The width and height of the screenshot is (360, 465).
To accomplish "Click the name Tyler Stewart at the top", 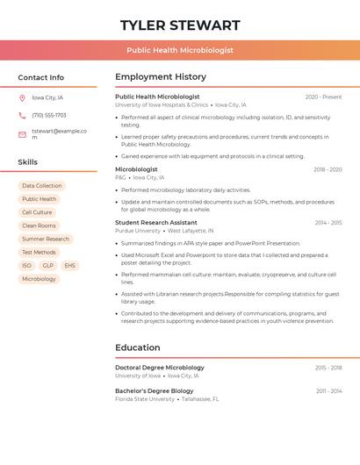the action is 180,25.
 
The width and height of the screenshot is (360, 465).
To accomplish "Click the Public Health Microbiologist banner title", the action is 180,51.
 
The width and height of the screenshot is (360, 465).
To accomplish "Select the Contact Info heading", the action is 41,77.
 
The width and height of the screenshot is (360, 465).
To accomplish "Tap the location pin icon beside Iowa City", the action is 22,97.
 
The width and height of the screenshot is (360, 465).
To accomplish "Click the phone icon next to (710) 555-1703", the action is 22,115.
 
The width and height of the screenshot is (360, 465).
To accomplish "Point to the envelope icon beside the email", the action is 22,134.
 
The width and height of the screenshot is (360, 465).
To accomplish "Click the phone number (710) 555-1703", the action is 49,115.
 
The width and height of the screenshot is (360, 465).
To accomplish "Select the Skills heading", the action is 28,162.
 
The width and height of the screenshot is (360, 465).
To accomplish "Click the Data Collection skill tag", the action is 42,186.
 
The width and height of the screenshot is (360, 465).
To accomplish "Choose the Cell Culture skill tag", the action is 37,212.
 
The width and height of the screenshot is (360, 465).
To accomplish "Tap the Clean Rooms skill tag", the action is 39,225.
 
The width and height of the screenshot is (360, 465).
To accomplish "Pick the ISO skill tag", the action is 26,265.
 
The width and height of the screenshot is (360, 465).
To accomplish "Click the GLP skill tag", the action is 47,265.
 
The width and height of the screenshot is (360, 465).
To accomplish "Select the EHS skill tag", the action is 69,265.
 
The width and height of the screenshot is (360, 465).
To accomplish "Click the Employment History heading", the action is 161,77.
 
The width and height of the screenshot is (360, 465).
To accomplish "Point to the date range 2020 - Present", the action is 323,97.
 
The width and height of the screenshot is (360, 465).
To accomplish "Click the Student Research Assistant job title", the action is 156,223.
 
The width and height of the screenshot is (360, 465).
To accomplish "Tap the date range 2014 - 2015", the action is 328,223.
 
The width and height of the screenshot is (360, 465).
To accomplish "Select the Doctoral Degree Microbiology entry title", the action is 160,368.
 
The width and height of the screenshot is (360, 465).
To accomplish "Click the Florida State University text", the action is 145,399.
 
